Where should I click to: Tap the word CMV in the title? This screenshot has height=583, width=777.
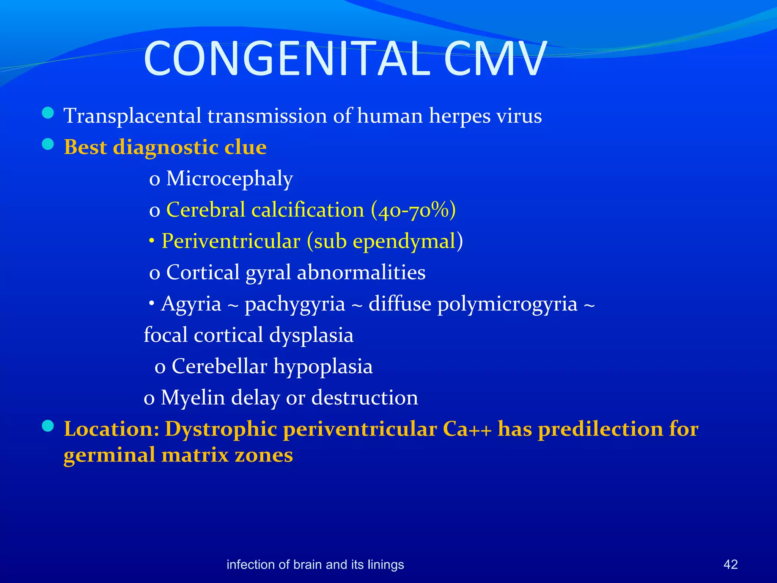click(x=495, y=59)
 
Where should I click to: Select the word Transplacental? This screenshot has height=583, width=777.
click(x=132, y=116)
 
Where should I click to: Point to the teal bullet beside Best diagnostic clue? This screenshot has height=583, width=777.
click(x=48, y=145)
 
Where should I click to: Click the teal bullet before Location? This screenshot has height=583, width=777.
click(x=48, y=426)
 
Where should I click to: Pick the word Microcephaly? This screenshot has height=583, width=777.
click(x=230, y=178)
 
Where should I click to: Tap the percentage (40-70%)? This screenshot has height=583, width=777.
click(x=414, y=210)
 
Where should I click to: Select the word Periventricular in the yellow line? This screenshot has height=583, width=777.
click(x=231, y=241)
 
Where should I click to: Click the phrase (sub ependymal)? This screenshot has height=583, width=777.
click(x=385, y=241)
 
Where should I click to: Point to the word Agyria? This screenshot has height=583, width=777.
click(x=191, y=304)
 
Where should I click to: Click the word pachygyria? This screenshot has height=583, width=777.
click(x=295, y=304)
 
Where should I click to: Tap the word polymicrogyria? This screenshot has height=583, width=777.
click(x=507, y=304)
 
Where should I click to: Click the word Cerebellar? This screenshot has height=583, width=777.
click(x=220, y=366)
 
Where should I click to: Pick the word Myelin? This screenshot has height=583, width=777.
click(x=193, y=398)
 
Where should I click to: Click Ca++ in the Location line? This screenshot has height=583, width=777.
click(x=467, y=429)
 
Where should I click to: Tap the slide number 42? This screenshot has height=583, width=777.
click(x=730, y=564)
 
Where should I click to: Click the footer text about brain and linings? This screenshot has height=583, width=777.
click(x=315, y=564)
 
